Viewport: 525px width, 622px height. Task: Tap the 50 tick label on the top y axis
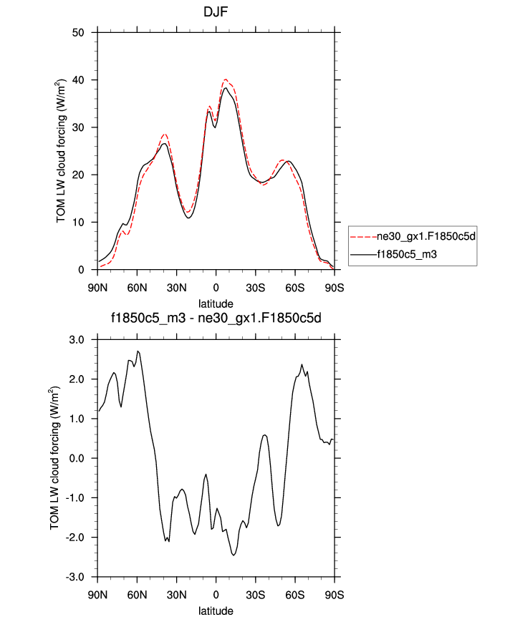(x=80, y=32)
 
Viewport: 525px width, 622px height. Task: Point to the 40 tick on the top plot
(x=80, y=80)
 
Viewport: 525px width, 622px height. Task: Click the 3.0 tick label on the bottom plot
(x=77, y=339)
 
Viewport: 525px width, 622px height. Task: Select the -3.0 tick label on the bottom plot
(x=75, y=577)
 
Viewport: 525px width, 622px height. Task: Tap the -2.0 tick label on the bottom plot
(x=75, y=538)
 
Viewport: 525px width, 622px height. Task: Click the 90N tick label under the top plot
(x=97, y=288)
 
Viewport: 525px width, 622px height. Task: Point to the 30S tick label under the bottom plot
(x=256, y=595)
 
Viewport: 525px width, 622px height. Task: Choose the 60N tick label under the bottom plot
(x=137, y=595)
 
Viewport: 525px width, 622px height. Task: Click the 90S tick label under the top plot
(x=334, y=288)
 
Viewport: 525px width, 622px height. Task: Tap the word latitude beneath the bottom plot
(x=216, y=611)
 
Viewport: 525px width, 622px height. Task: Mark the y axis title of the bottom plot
(x=54, y=458)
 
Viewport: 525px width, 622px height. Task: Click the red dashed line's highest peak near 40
(x=226, y=79)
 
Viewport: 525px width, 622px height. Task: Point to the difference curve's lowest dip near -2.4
(x=233, y=555)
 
